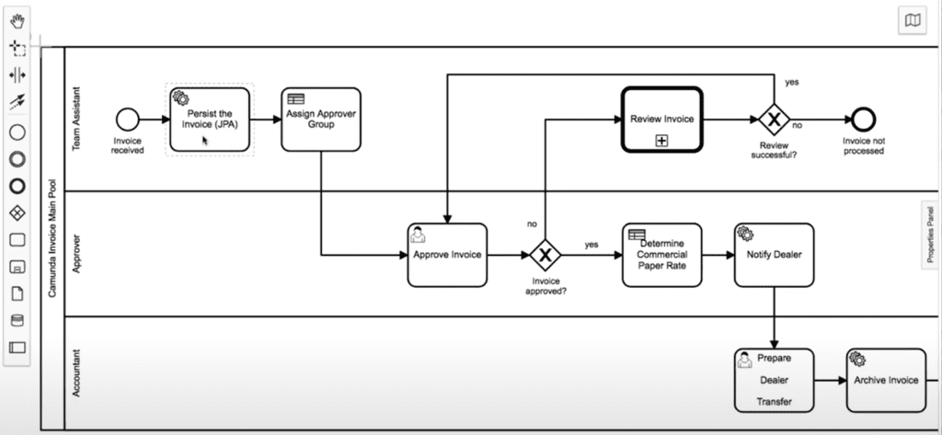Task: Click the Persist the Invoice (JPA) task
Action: (x=210, y=120)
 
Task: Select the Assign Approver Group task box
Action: (x=320, y=120)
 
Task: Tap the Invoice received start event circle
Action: (x=127, y=119)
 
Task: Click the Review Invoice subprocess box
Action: (x=661, y=119)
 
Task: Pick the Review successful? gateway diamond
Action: (x=775, y=119)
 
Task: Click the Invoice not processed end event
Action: (x=863, y=119)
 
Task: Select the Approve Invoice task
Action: (x=447, y=254)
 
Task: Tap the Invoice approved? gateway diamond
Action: (x=545, y=254)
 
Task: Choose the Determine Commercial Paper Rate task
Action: (x=661, y=254)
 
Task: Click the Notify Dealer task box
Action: (x=774, y=254)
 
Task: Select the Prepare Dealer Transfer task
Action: (x=774, y=380)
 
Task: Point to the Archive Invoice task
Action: (x=886, y=380)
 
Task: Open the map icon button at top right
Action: (x=912, y=21)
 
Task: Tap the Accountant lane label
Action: (x=77, y=373)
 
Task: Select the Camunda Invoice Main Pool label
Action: (x=51, y=239)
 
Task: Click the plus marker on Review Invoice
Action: (x=661, y=140)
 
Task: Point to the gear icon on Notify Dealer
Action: (x=745, y=234)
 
